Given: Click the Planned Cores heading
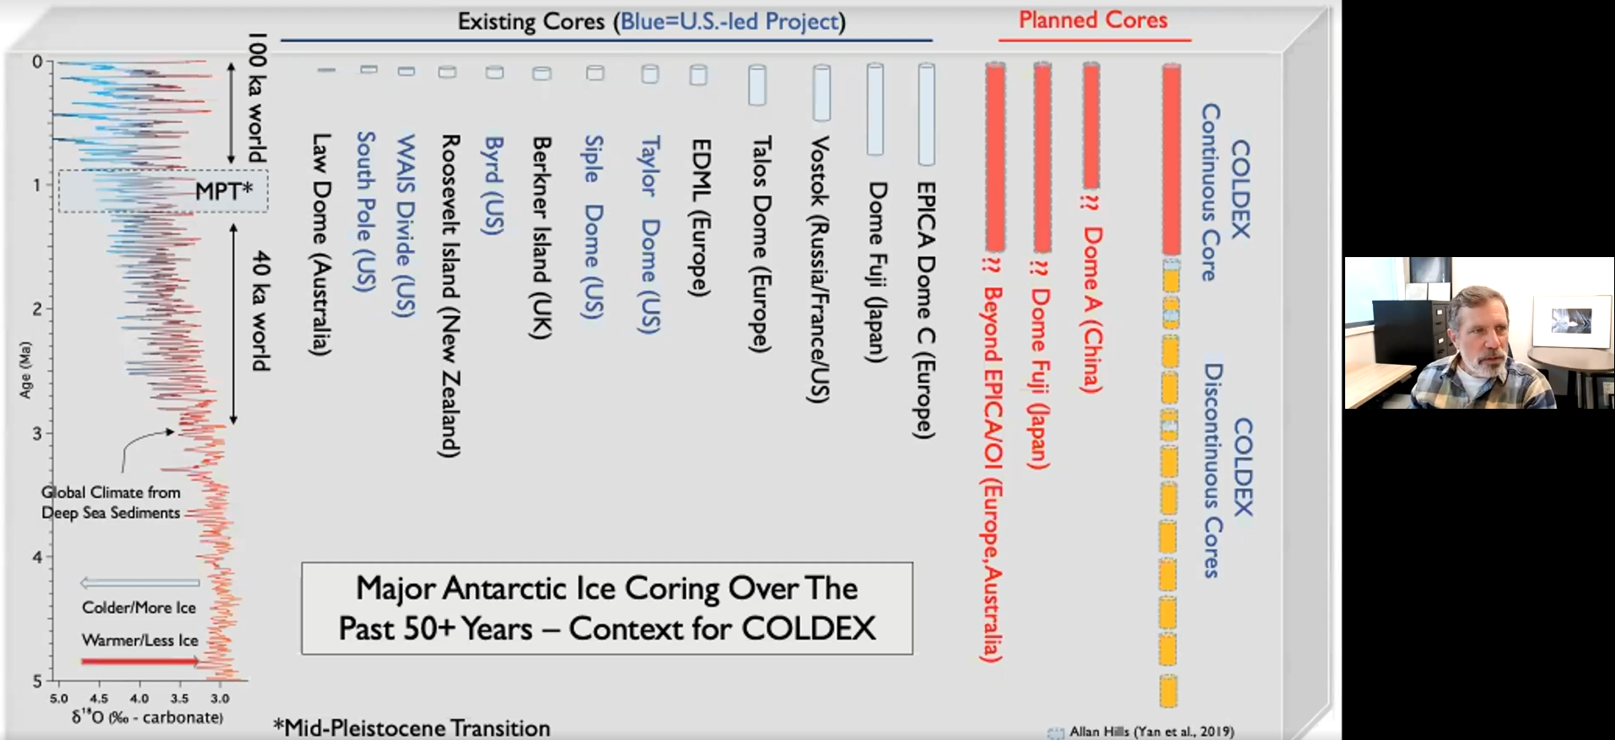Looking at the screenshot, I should (x=1093, y=20).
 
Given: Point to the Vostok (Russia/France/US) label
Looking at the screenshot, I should (x=819, y=270).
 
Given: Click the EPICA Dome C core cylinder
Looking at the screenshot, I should (x=926, y=114).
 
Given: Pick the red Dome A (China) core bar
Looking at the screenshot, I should (x=1091, y=126).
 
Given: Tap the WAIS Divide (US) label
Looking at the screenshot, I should (x=406, y=225).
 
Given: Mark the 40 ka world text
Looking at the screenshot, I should (x=260, y=311).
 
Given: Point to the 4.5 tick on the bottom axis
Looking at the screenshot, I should (x=99, y=699).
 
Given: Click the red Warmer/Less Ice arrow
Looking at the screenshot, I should (x=139, y=662).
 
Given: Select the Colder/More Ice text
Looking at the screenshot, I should (x=139, y=608).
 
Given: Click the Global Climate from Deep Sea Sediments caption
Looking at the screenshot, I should (x=110, y=502).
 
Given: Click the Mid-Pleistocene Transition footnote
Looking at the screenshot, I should (x=412, y=727).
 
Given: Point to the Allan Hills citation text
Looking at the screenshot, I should (x=1151, y=732).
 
